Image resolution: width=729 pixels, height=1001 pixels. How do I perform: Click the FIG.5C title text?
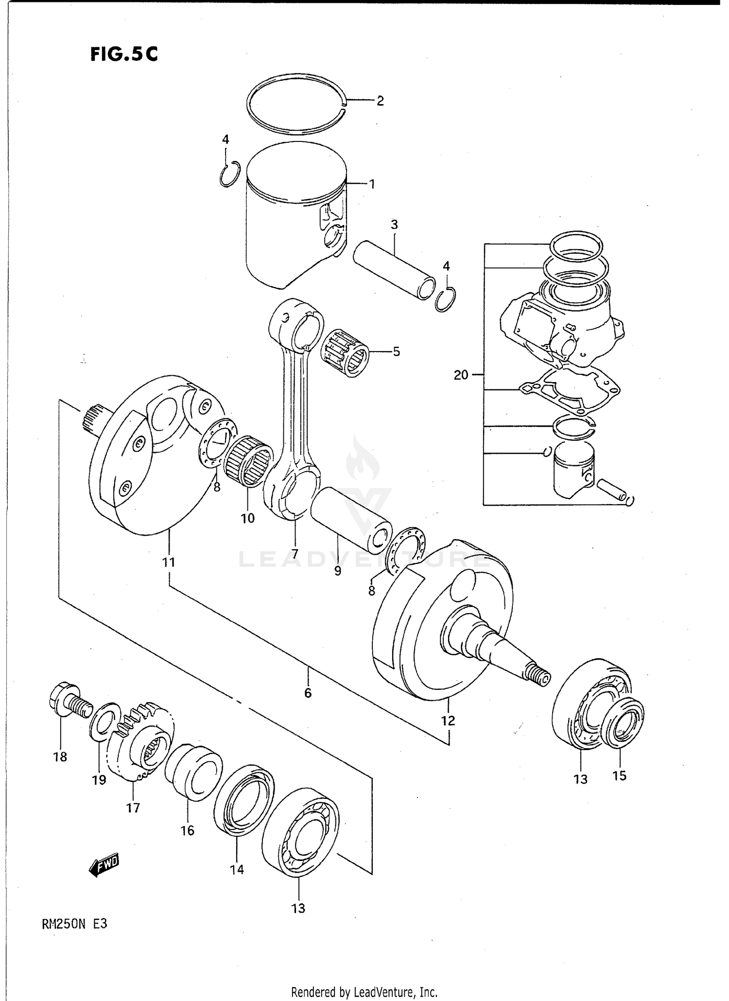[124, 54]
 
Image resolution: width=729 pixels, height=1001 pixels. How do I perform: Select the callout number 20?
[461, 375]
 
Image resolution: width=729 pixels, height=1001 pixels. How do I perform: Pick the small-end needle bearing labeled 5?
[346, 353]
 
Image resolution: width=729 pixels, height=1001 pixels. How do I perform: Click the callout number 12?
[448, 720]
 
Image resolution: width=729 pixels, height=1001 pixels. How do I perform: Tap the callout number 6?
[308, 693]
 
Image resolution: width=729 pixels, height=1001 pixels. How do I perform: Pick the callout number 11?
[168, 562]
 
